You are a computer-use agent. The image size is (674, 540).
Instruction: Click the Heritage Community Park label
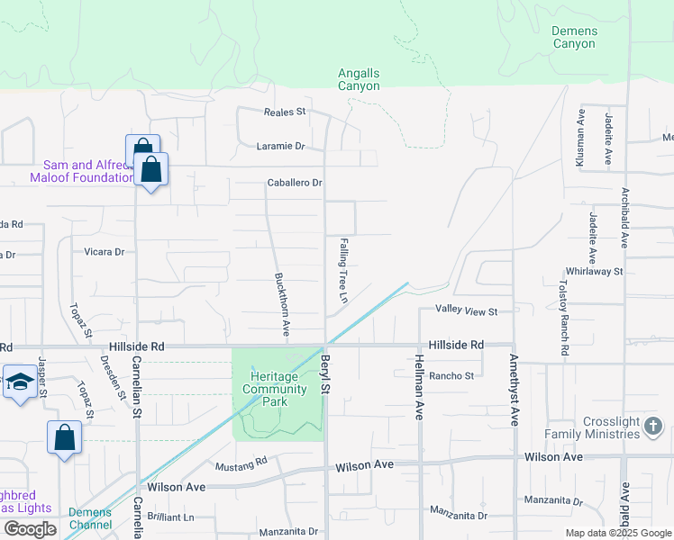tap(276, 388)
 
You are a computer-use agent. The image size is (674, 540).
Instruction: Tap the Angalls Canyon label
tap(359, 79)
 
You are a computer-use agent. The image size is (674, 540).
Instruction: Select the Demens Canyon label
tap(574, 37)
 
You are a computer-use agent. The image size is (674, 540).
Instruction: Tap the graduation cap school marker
tap(20, 382)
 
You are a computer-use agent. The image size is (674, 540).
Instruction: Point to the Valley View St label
tap(467, 311)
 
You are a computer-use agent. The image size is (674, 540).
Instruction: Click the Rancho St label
tap(451, 376)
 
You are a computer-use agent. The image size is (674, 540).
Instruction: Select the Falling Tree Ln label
tap(343, 270)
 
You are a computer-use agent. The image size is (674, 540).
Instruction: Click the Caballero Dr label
tap(295, 183)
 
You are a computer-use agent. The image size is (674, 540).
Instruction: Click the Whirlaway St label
tap(594, 271)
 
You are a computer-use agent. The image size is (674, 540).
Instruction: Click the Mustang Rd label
tap(241, 465)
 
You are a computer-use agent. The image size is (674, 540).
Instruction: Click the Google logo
tap(30, 529)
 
